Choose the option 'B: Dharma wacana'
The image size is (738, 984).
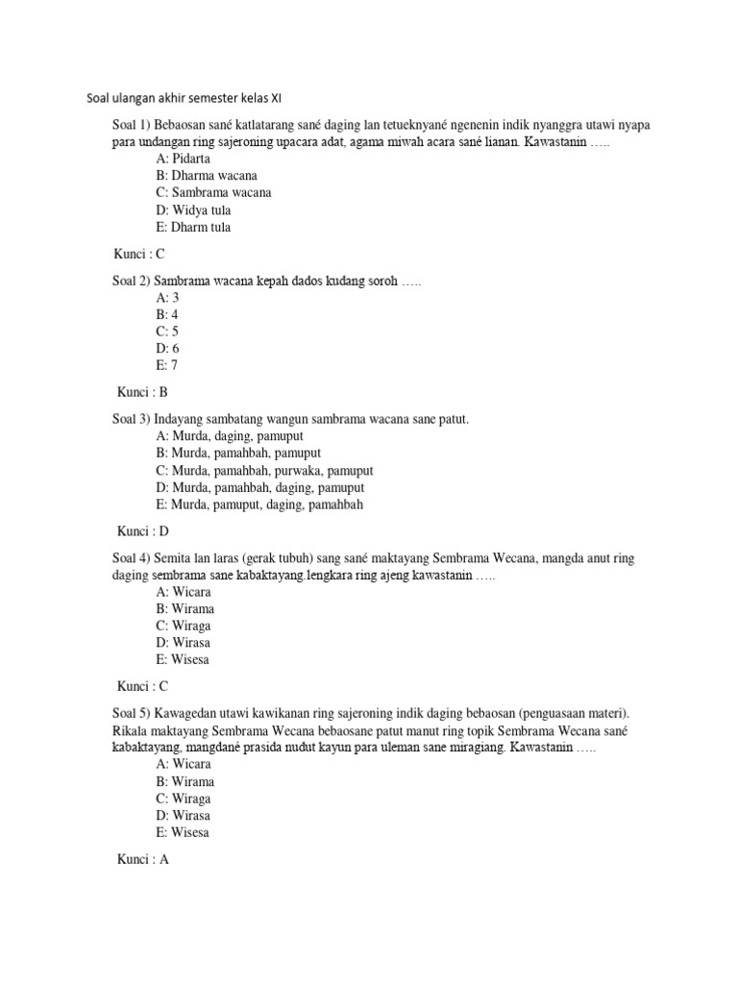pyautogui.click(x=206, y=175)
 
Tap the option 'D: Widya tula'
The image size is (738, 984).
pyautogui.click(x=192, y=209)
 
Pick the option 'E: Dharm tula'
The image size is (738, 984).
pyautogui.click(x=192, y=228)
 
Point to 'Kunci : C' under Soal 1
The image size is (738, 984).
pyautogui.click(x=139, y=254)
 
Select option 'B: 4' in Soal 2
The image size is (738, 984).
pyautogui.click(x=166, y=314)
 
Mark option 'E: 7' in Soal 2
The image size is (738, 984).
pyautogui.click(x=166, y=365)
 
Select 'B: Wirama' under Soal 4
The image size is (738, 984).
pyautogui.click(x=184, y=608)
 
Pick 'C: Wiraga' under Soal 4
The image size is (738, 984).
pyautogui.click(x=184, y=626)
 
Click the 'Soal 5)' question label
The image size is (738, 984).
pyautogui.click(x=131, y=713)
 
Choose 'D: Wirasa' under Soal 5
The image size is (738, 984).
pyautogui.click(x=183, y=815)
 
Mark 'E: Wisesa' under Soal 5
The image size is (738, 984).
pyautogui.click(x=182, y=832)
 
